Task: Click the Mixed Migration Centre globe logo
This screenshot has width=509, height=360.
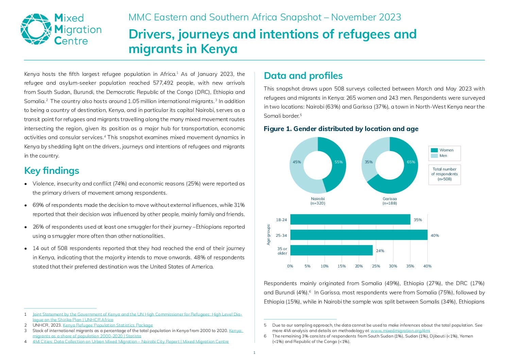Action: point(36,29)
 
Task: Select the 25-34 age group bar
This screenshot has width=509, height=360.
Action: point(359,235)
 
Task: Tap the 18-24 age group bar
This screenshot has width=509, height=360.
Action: point(350,219)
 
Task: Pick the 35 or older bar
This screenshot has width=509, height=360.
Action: point(331,250)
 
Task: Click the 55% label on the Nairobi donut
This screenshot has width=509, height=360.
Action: point(338,162)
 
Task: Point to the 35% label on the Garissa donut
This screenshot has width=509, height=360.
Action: point(369,162)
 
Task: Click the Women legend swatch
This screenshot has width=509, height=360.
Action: point(434,150)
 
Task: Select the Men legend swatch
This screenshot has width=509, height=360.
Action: point(434,156)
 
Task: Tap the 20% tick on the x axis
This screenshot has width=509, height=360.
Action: point(359,266)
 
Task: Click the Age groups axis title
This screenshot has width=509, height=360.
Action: point(268,235)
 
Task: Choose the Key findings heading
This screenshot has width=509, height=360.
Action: point(52,170)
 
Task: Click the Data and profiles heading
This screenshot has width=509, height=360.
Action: point(303,76)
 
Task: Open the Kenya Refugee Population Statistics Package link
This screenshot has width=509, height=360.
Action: point(108,325)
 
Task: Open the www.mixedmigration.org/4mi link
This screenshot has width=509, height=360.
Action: point(400,331)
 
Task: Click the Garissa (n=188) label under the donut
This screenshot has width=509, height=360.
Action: point(389,201)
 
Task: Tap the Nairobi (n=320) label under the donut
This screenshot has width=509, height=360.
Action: point(318,201)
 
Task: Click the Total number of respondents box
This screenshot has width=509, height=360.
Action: point(444,175)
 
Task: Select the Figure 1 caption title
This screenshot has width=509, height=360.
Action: point(341,129)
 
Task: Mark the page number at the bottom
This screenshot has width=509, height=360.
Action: point(254,353)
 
